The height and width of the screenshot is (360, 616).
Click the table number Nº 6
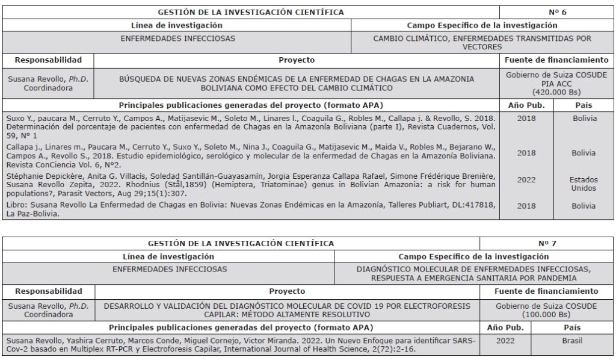point(557,12)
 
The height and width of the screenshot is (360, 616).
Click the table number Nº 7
point(547,243)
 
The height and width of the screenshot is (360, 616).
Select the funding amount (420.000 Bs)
point(557,93)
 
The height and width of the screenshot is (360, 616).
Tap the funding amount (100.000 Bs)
point(547,314)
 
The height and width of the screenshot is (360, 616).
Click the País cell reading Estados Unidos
point(584,184)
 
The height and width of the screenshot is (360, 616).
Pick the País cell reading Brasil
point(572,340)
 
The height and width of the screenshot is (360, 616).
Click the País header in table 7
point(572,327)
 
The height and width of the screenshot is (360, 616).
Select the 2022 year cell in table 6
point(526,179)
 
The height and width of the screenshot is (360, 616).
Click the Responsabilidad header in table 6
point(48,60)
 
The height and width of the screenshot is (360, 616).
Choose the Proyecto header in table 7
point(287,291)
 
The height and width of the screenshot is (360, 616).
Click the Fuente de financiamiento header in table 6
point(557,60)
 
